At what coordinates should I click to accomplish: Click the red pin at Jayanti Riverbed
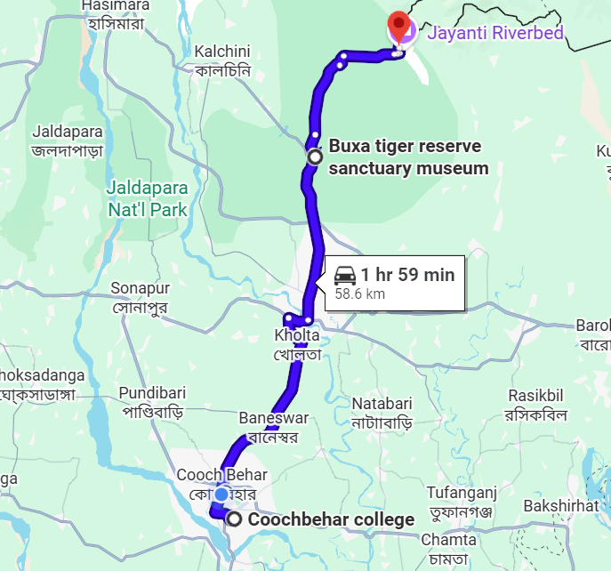(400, 27)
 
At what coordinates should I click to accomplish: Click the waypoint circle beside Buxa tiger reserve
(314, 157)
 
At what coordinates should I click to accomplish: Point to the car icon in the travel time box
(346, 275)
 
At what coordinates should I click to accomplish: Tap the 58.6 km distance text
(359, 294)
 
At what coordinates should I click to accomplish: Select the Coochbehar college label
(331, 519)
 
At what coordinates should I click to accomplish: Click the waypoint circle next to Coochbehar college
(234, 519)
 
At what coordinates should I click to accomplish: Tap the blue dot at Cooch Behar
(221, 494)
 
